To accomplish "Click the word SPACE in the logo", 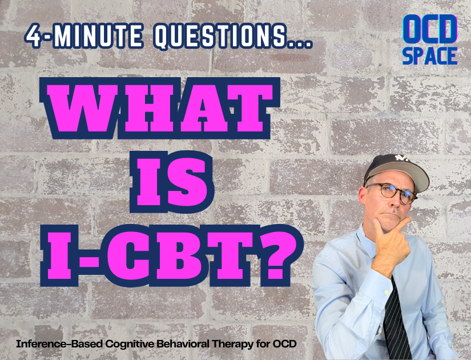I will pyautogui.click(x=430, y=55).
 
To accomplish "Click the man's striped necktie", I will pyautogui.click(x=396, y=320).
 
